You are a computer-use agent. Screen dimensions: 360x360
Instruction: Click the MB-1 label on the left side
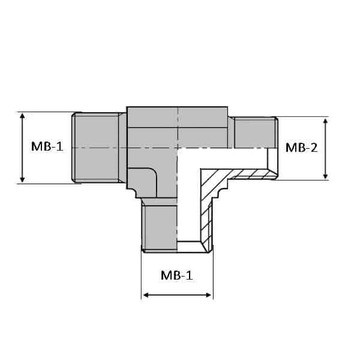pos(47,147)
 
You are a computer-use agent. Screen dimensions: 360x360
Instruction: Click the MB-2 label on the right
pos(301,147)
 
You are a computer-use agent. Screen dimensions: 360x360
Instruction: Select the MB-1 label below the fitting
pos(177,275)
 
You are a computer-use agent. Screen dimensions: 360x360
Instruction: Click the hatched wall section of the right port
pos(252,174)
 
